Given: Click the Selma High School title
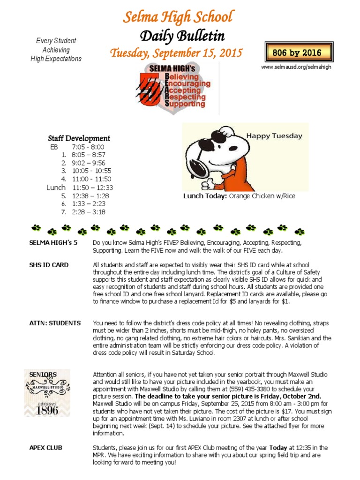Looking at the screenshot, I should [x=178, y=17].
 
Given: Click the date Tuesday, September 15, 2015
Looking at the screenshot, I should [x=176, y=53].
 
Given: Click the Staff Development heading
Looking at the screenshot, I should [x=79, y=138].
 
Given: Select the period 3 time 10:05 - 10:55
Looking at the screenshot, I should [x=91, y=171].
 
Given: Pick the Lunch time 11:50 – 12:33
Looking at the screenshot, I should [x=93, y=187].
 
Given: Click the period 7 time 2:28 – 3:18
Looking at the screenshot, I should [x=89, y=212].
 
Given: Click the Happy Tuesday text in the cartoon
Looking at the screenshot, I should [x=274, y=136].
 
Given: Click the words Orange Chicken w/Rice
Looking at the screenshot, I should [x=262, y=196].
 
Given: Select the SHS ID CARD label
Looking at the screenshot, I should [x=49, y=265].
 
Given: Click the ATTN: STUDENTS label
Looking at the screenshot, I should [x=54, y=323].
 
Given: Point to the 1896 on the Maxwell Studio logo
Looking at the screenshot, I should [x=47, y=410].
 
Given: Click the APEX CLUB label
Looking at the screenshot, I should [x=45, y=448].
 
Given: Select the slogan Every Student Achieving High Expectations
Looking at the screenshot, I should [x=56, y=50].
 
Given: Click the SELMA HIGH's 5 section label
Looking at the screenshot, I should [x=53, y=243].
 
